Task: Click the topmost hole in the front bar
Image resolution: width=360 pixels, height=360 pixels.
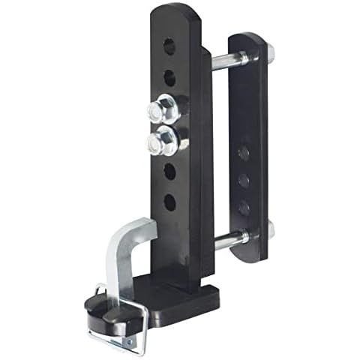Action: coord(169,46)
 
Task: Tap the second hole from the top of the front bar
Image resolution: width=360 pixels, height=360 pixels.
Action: coord(169,77)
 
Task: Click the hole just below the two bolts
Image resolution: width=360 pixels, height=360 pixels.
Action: coord(169,172)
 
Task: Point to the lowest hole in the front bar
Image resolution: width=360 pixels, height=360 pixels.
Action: coord(169,202)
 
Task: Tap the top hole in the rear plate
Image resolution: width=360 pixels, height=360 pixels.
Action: coord(244,153)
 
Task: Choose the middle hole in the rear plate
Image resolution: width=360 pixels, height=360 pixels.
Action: coord(244,180)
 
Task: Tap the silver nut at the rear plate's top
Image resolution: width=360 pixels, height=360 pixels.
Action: coord(268,52)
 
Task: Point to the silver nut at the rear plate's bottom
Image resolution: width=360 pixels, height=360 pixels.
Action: coord(268,229)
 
